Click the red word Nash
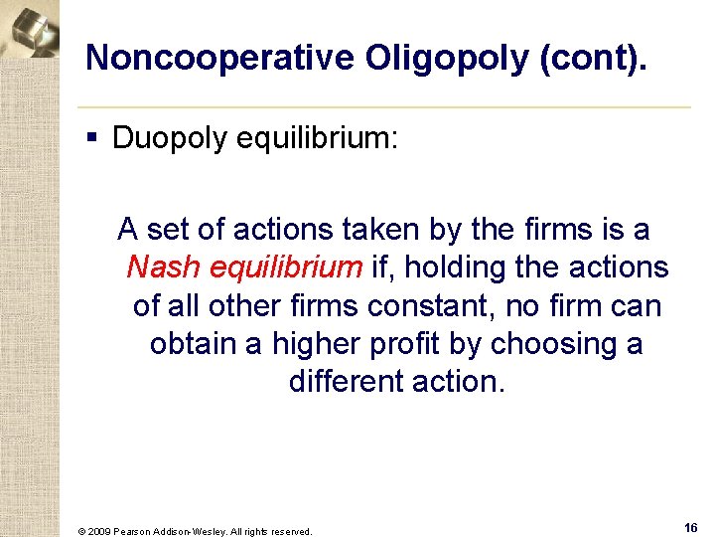(x=162, y=268)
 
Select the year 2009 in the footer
(x=99, y=531)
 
